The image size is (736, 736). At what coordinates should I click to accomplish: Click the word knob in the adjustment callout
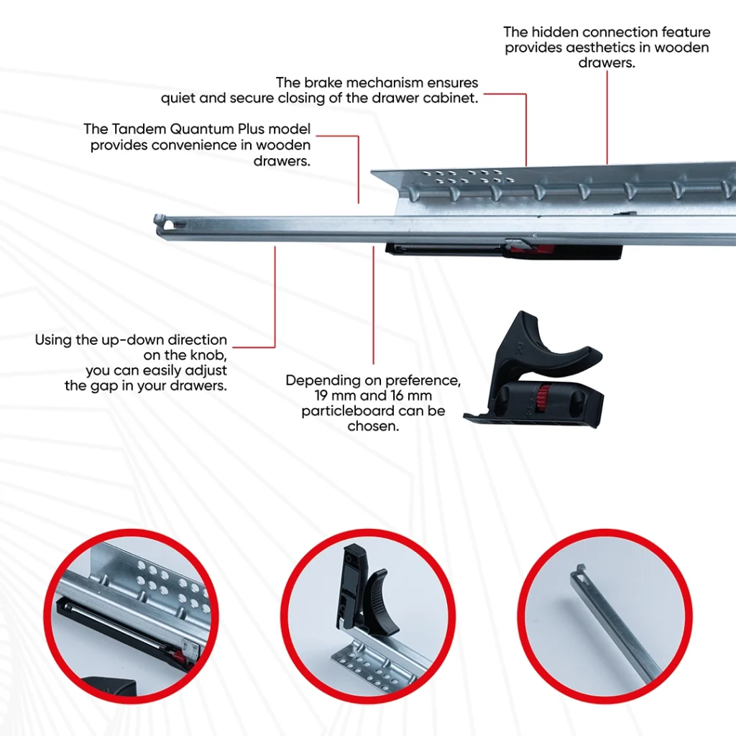[208, 355]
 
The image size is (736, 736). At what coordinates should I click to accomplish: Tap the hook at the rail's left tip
[162, 223]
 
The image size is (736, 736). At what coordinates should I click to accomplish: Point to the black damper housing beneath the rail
[446, 250]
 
